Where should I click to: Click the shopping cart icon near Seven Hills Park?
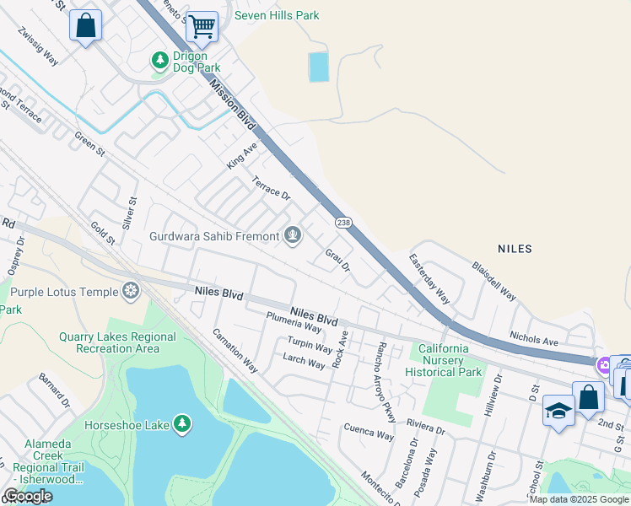click(x=202, y=26)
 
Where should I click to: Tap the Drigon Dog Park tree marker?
click(x=159, y=61)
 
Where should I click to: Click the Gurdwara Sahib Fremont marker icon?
click(x=293, y=235)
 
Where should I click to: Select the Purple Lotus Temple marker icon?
click(x=131, y=292)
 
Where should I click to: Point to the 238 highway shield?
click(x=342, y=222)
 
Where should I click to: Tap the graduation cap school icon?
click(x=558, y=410)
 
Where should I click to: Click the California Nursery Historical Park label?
click(x=444, y=360)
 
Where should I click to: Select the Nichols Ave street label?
click(x=534, y=338)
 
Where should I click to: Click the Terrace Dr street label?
click(x=271, y=188)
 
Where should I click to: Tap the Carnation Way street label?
click(x=235, y=351)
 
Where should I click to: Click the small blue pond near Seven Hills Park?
click(x=319, y=67)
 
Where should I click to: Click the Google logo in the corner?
click(x=27, y=496)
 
